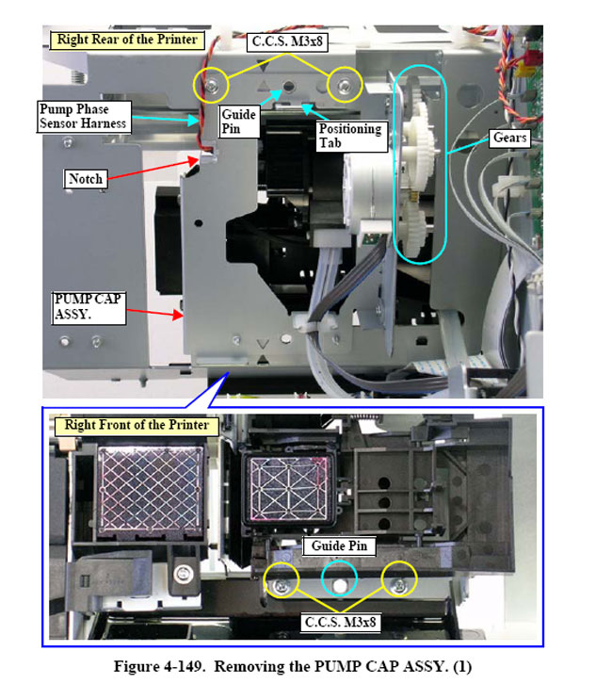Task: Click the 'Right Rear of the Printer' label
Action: tap(127, 40)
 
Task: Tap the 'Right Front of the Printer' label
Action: tap(137, 425)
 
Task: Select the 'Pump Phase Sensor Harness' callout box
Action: tap(84, 117)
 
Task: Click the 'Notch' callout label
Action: tap(86, 179)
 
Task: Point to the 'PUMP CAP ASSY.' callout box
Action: tap(89, 307)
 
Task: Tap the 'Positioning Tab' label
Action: tap(351, 137)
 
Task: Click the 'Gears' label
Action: tap(510, 138)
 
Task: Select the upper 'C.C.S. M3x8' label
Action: tap(287, 42)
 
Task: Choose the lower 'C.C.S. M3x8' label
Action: tap(340, 622)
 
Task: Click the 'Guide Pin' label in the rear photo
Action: tap(239, 122)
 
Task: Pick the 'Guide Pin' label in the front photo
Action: tap(339, 546)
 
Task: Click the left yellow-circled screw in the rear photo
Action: tap(211, 85)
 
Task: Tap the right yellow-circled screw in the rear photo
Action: tap(344, 85)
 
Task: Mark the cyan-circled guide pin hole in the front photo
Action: tap(340, 586)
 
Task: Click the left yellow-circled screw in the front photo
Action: tap(281, 585)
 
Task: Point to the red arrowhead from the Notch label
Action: tap(194, 161)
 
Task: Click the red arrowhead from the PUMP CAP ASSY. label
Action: tap(178, 315)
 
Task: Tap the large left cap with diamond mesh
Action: tap(151, 489)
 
